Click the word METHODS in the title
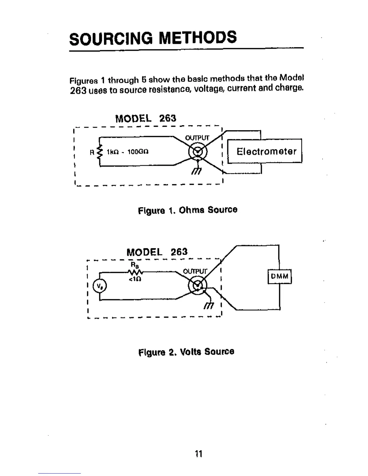(x=198, y=38)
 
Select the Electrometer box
(x=265, y=151)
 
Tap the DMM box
(x=280, y=276)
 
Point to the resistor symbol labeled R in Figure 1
(x=100, y=152)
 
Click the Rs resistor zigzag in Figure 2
(x=136, y=273)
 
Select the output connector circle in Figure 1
(x=198, y=151)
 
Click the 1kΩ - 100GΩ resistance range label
(x=127, y=152)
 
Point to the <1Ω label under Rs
(x=135, y=279)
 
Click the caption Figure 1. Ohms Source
(x=188, y=210)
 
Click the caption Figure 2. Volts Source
(x=186, y=352)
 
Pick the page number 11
(x=198, y=453)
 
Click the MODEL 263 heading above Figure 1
(x=146, y=118)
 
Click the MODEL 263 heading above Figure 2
(x=157, y=252)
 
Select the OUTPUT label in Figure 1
(x=197, y=138)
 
